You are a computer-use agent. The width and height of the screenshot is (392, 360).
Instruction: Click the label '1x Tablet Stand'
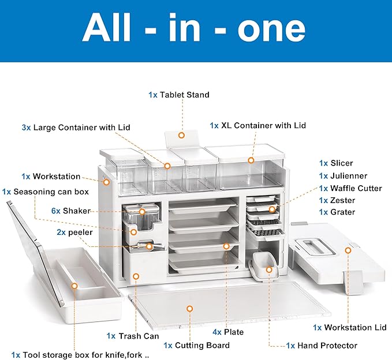point(179,95)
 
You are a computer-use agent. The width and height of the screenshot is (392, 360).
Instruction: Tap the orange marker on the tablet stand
point(181,136)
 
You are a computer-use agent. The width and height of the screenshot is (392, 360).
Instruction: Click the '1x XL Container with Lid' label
point(257,125)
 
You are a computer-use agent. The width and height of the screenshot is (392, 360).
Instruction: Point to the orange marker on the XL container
point(251,160)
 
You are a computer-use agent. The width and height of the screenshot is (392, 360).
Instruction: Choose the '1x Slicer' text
point(336,163)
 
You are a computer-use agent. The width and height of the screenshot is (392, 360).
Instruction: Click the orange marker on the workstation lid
point(348,250)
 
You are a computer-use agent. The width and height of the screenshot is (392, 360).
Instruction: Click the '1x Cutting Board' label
point(196,345)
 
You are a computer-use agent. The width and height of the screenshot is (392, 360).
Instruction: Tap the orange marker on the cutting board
point(189,309)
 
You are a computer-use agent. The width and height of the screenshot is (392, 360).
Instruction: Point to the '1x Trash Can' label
point(133,336)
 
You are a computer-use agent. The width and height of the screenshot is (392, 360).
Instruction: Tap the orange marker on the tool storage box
point(74,286)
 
